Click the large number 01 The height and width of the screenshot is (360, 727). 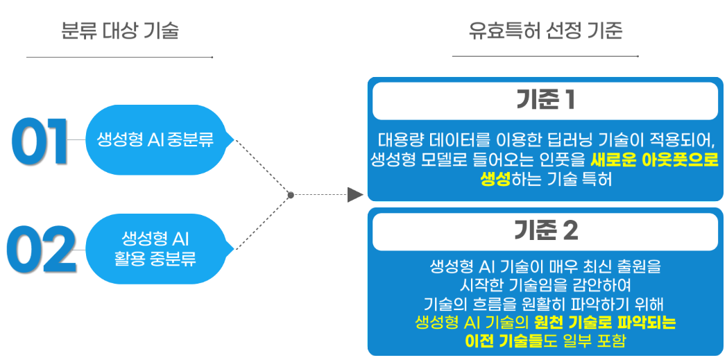(x=40, y=141)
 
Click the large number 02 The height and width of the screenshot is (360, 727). (x=41, y=250)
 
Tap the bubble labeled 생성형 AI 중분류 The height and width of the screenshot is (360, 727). (x=156, y=140)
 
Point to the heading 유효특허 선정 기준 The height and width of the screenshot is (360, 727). (x=545, y=31)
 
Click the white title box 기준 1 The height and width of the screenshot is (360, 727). (x=545, y=101)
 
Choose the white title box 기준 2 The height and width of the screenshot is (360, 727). (x=545, y=232)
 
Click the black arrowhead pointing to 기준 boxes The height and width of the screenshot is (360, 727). (x=355, y=195)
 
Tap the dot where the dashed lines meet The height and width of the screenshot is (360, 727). (x=291, y=195)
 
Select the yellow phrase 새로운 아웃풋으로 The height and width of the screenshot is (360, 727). (x=653, y=160)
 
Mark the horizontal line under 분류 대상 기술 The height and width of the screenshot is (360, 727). (x=119, y=58)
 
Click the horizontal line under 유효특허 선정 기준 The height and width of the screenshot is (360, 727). (x=546, y=56)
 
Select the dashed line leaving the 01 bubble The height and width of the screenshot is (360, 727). (x=263, y=167)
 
